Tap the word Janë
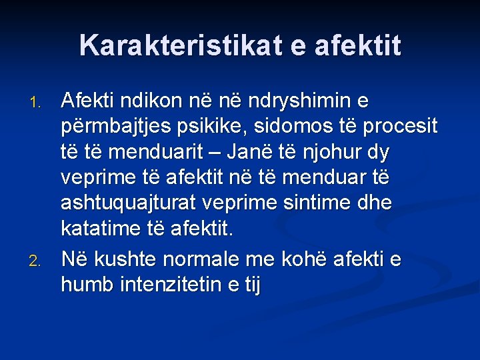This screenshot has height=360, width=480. (251, 153)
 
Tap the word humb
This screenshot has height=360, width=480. (87, 285)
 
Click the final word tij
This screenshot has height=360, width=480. (251, 285)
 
